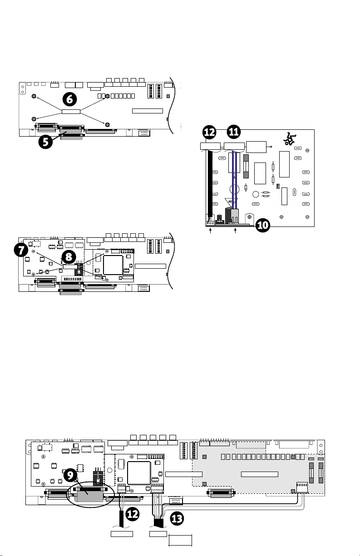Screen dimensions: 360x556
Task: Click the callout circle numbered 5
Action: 45,142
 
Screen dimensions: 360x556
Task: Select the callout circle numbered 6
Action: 70,99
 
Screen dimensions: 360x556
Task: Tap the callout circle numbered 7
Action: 21,250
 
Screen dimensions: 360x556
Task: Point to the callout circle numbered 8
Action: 69,257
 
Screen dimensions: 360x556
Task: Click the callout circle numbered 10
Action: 263,225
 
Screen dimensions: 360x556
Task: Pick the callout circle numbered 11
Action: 234,132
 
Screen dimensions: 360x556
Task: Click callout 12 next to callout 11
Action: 209,132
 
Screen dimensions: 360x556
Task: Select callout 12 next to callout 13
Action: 132,514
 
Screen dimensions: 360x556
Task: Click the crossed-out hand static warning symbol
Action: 290,139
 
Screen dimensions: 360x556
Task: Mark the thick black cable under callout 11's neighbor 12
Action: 210,184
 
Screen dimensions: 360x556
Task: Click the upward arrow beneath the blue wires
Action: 235,231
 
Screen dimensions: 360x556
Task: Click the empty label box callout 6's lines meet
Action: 71,112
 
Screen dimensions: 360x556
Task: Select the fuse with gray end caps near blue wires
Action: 246,166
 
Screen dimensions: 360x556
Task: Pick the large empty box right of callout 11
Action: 256,147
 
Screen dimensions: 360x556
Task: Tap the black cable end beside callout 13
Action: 158,523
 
